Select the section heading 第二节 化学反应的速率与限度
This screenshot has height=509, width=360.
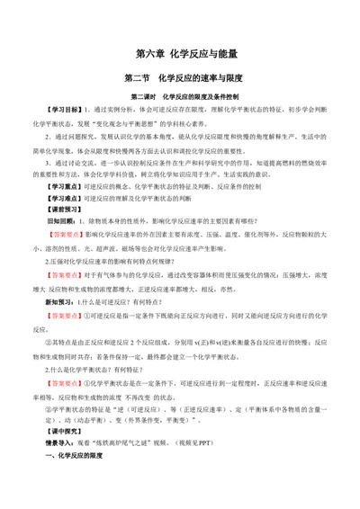point(180,78)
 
